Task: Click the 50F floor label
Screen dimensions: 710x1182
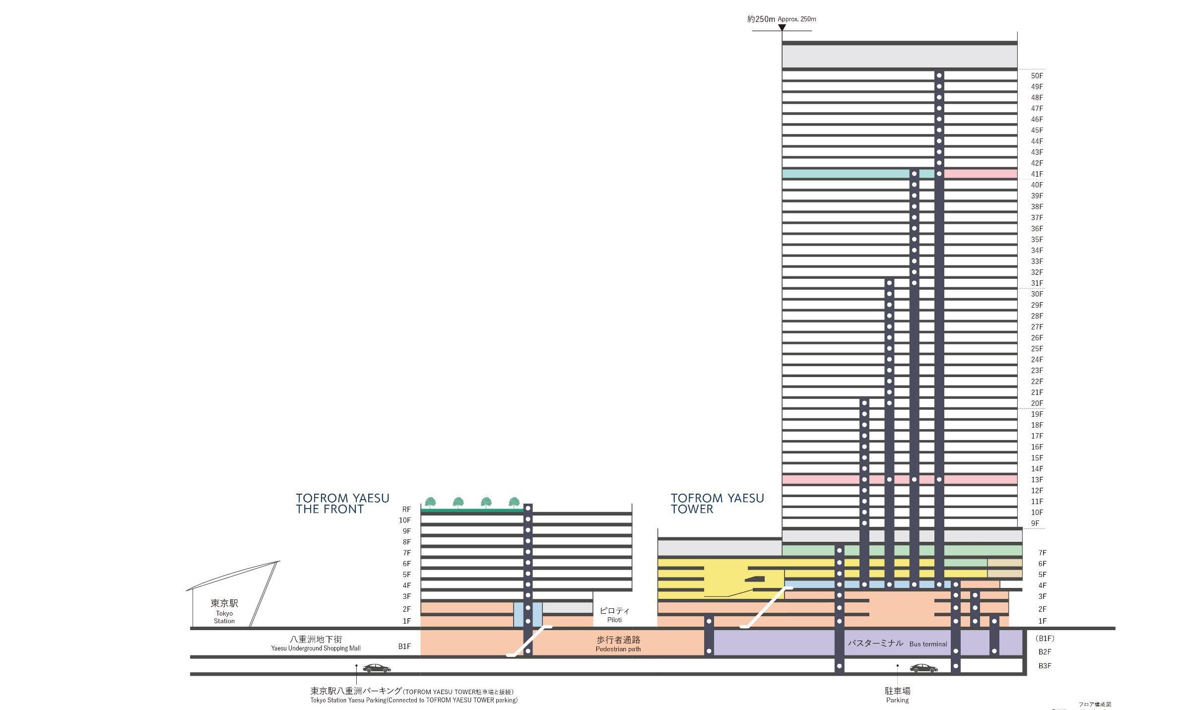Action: [1037, 76]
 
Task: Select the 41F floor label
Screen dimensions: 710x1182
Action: [1037, 174]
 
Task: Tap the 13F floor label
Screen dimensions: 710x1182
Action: [1037, 480]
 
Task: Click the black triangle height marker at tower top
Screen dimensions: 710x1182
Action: [782, 28]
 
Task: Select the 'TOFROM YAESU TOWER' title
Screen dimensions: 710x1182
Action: [717, 504]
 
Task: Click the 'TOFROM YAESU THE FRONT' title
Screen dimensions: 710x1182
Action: [342, 504]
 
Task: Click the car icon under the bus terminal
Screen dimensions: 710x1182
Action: [923, 668]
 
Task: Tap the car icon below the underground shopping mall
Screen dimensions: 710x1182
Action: [377, 668]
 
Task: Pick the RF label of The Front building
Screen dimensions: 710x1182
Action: [406, 509]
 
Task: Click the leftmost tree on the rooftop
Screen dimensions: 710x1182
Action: [430, 502]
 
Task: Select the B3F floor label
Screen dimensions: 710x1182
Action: [1045, 666]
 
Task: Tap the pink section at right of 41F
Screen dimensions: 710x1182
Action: [980, 174]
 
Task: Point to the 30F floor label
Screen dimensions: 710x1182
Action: [1037, 294]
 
